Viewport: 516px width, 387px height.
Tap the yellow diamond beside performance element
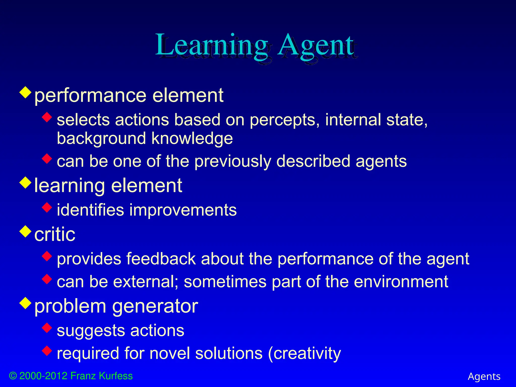[x=25, y=92]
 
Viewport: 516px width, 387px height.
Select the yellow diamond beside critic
[x=25, y=231]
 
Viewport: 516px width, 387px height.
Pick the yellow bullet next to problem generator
[x=25, y=303]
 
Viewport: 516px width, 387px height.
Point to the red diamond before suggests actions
[x=47, y=328]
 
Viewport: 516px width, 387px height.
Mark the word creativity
[x=307, y=353]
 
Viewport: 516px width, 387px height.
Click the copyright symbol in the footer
[x=13, y=376]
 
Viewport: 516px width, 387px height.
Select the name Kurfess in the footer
[x=116, y=376]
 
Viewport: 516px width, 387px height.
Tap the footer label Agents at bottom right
[x=484, y=376]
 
